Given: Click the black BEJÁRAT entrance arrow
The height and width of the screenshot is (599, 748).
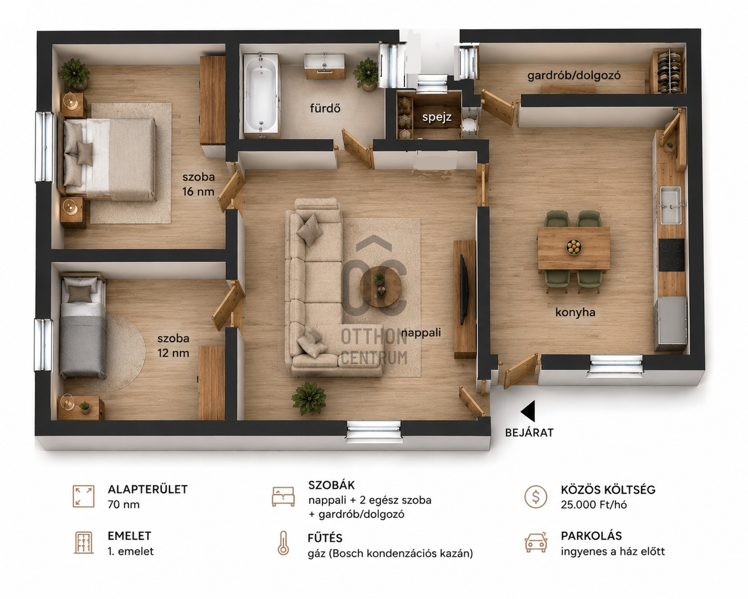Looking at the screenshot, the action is pos(529,411).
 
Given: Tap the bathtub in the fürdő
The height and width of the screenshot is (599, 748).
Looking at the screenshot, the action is pos(261,93).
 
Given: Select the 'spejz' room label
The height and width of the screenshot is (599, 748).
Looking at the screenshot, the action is pos(437,117).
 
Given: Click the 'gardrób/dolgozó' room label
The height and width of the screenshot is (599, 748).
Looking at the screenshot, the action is pos(574,75).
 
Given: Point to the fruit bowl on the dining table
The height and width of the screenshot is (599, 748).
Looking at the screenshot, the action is pos(574,247).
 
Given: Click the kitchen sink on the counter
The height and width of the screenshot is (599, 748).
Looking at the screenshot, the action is pos(671,205).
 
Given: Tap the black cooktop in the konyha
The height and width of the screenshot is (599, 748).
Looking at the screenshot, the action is pos(672,255).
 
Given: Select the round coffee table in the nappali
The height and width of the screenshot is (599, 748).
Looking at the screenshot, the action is pos(380,287).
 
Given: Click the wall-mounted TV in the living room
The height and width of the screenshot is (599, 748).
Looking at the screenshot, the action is pos(464,290).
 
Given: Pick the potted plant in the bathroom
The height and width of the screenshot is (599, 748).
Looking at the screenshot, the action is pos(367,74).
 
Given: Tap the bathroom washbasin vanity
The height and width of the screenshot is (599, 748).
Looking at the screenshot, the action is pos(324,66).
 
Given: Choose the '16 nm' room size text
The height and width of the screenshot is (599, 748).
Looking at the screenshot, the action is pos(198,192).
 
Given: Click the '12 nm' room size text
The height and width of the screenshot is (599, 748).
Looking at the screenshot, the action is pos(173,353).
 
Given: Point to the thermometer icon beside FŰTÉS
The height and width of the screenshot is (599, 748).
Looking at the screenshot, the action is pos(283,543).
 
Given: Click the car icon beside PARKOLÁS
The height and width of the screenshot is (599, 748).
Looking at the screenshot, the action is pos(536,542).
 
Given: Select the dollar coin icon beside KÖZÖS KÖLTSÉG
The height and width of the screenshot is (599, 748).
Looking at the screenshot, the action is pos(536,496).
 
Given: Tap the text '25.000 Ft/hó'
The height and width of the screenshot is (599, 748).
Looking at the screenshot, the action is pos(594,505).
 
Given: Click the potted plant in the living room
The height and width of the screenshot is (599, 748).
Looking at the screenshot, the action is pos(309,398).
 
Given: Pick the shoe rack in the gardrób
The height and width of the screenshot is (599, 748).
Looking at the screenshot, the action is pos(668,72).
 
